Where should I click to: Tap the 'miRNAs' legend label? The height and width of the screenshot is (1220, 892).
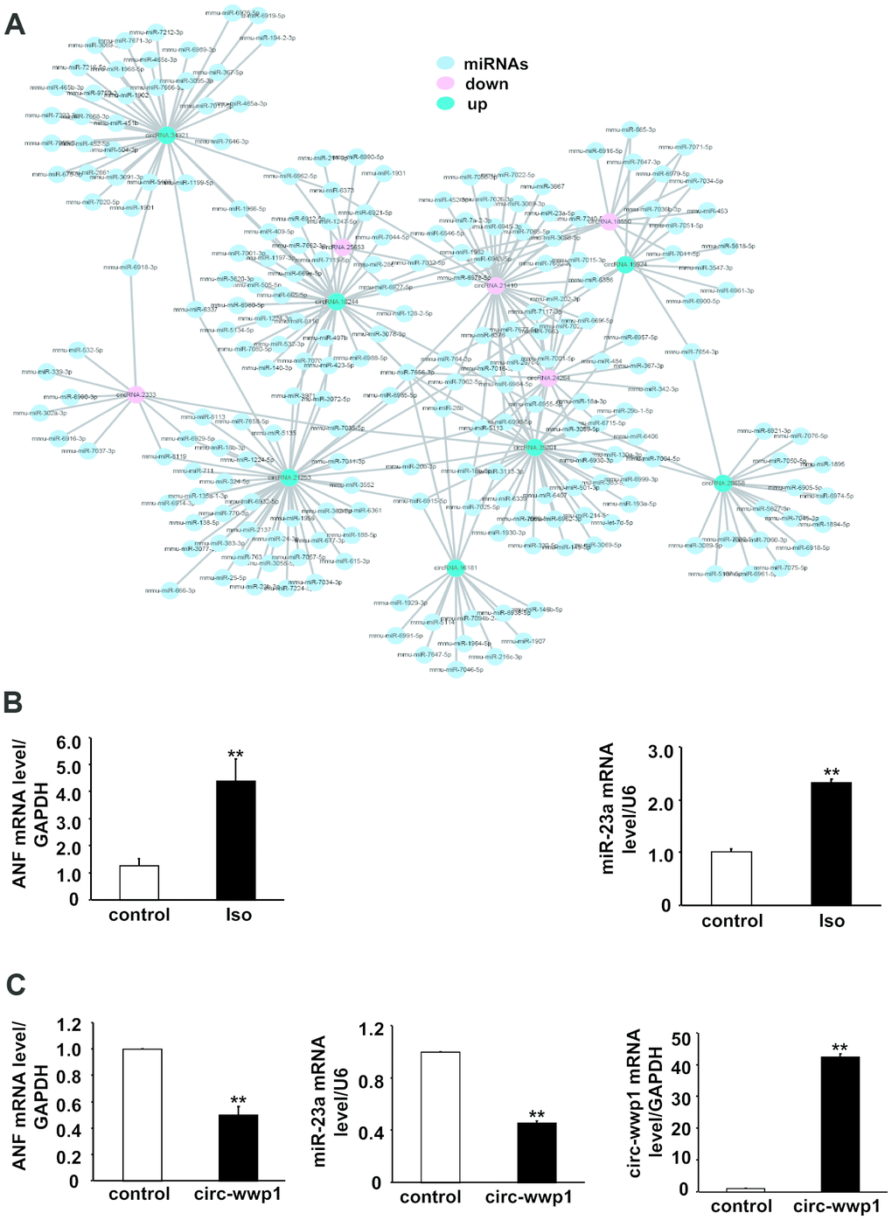[x=495, y=64]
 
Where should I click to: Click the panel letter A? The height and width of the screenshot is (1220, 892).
[x=15, y=24]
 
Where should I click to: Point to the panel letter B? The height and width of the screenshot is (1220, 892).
[x=14, y=702]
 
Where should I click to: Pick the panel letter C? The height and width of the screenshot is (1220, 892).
[x=15, y=985]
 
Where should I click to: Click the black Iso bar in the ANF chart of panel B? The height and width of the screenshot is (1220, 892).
[x=236, y=840]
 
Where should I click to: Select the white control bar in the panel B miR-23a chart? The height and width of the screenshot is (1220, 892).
[x=731, y=878]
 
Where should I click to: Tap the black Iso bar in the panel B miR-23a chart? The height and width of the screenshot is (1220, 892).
[x=831, y=843]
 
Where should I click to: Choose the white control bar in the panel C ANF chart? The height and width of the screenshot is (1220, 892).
[x=142, y=1114]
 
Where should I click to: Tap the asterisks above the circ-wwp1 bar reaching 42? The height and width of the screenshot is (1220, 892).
[x=840, y=1049]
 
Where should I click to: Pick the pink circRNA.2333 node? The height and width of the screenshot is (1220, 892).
[x=136, y=394]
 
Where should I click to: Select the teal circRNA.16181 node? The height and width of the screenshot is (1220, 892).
[x=455, y=568]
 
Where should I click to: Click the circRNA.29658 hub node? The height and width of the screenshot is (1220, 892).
[x=723, y=482]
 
